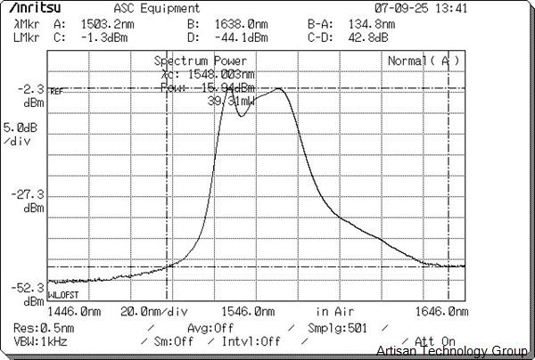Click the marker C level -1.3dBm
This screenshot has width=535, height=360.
[x=99, y=38]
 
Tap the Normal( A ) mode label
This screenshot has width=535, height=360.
[x=424, y=60]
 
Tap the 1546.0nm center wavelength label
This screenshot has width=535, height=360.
[x=249, y=312]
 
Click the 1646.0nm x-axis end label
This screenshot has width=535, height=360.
[x=442, y=312]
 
